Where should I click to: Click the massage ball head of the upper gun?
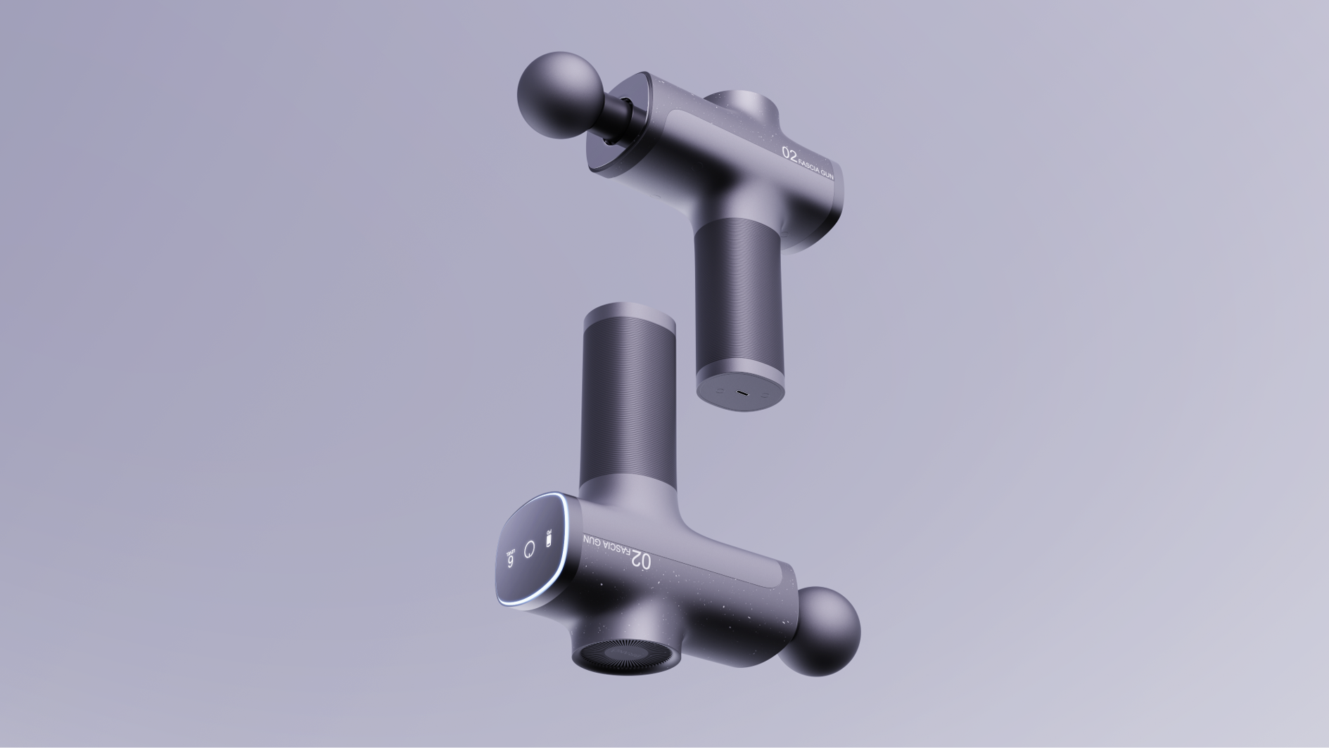560,95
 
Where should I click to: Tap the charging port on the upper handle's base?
742,393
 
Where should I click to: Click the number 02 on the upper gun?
789,153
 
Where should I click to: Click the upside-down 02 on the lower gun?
641,560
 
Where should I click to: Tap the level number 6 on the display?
510,561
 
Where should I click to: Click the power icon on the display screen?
529,548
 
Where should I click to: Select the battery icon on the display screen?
549,539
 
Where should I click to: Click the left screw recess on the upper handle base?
720,390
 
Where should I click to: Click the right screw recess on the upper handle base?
765,394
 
